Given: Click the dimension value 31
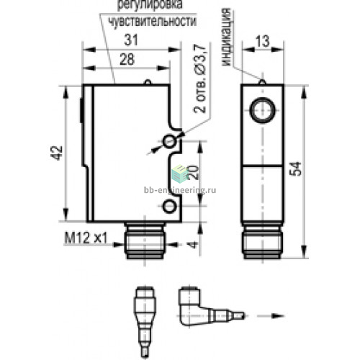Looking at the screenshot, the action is tap(131, 40).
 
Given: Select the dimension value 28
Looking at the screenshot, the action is tap(127, 59).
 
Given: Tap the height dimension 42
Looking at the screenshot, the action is tap(57, 153).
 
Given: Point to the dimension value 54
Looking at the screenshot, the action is tap(295, 169).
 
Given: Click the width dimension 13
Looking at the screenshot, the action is tap(262, 41).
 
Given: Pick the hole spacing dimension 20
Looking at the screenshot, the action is tap(193, 172).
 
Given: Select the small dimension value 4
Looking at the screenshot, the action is tap(193, 245).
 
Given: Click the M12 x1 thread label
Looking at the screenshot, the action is tap(86, 238).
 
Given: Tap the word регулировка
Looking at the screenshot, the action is tap(150, 5).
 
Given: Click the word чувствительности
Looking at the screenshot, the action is tap(153, 22).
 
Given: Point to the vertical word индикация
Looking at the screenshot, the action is tap(226, 37).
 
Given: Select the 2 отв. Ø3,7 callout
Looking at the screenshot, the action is tap(199, 78).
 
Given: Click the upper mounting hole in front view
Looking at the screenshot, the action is tap(169, 141).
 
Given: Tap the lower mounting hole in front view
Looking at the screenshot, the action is tap(169, 206).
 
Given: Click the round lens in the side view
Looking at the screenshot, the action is tap(262, 110).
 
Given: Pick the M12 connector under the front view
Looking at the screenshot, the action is tap(145, 240).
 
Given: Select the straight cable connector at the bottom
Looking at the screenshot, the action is tap(145, 322).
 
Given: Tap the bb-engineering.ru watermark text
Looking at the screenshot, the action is tap(180, 190).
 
